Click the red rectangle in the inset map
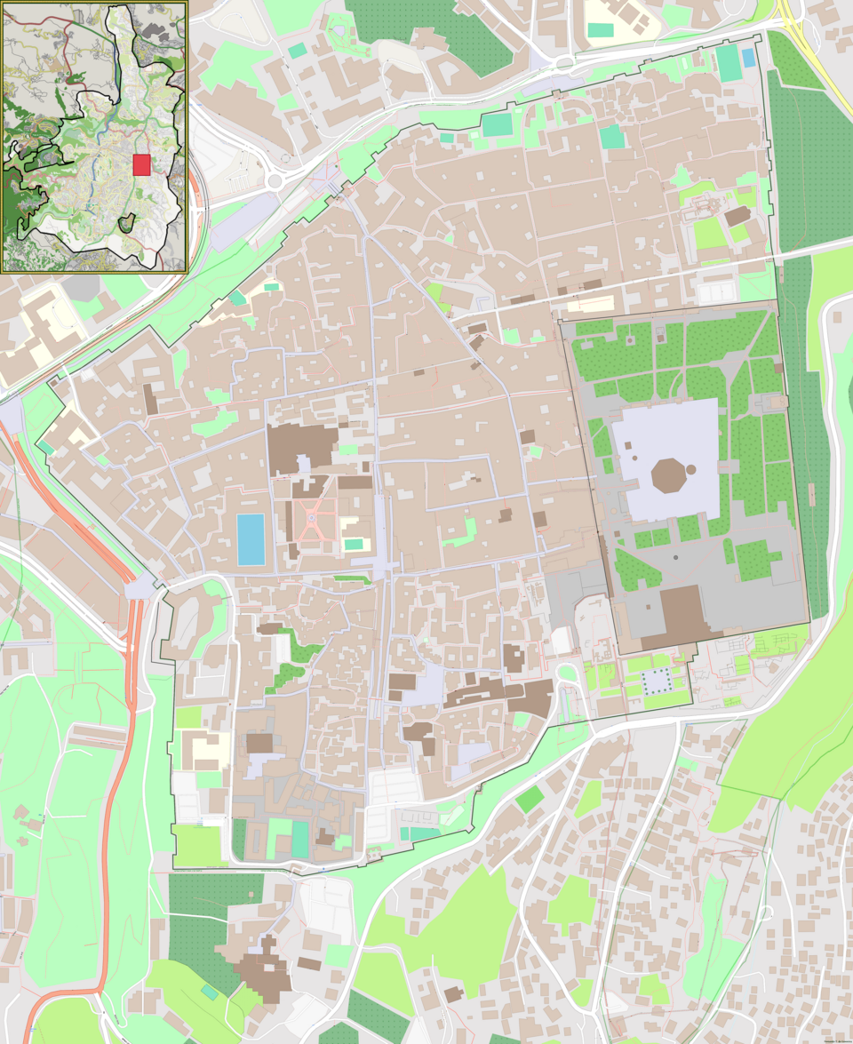pos(141,164)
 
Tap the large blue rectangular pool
pos(251,538)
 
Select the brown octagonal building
pos(670,476)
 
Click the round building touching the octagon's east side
pos(691,469)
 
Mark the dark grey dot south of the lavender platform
pos(675,557)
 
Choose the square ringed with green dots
pos(658,681)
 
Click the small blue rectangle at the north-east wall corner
pos(748,58)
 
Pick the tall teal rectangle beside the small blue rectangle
pos(728,63)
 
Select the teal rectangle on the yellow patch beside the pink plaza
pos(354,544)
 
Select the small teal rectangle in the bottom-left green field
pos(209,992)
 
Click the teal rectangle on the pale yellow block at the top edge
pos(601,29)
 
